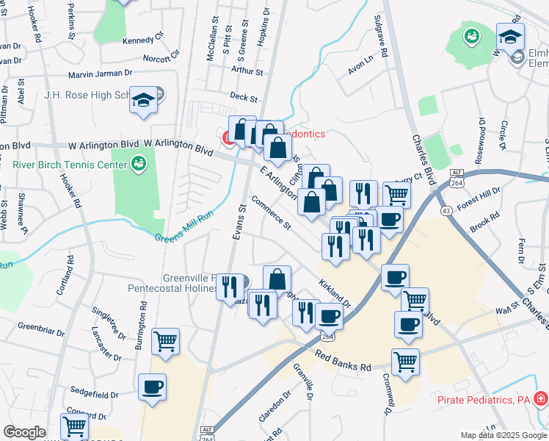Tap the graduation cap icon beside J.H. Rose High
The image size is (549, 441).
144,101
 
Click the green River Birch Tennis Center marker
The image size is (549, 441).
137,162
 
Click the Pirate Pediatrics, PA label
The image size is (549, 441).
483,400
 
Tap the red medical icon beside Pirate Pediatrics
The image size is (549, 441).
541,399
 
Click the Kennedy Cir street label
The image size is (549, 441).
142,40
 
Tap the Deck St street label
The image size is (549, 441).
244,97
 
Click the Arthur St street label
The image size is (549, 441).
247,71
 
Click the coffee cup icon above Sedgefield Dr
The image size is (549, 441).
153,387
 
